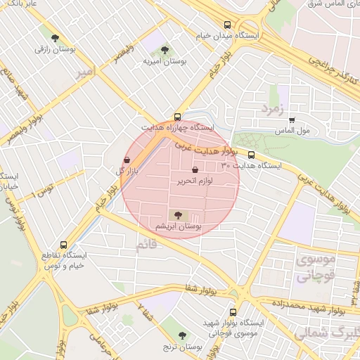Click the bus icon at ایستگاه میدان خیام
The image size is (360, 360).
pyautogui.click(x=226, y=24)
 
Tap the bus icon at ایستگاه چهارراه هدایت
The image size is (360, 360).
pyautogui.click(x=176, y=117)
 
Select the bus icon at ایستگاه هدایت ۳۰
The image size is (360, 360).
pyautogui.click(x=251, y=155)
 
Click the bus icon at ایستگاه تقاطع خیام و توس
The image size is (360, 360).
pyautogui.click(x=64, y=245)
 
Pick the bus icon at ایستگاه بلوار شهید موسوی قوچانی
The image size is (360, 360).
pyautogui.click(x=233, y=311)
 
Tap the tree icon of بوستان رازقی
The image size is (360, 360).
pyautogui.click(x=56, y=39)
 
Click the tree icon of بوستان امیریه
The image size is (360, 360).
pyautogui.click(x=165, y=50)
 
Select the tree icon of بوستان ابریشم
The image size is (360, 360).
pyautogui.click(x=175, y=214)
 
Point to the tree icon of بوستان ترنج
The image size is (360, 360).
pyautogui.click(x=183, y=336)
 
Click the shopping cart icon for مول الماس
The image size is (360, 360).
pyautogui.click(x=292, y=120)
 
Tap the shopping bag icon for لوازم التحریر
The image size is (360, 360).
pyautogui.click(x=195, y=169)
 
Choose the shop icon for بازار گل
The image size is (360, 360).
pyautogui.click(x=127, y=160)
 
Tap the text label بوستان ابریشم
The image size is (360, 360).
pyautogui.click(x=179, y=227)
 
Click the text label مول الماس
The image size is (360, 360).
pyautogui.click(x=294, y=131)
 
